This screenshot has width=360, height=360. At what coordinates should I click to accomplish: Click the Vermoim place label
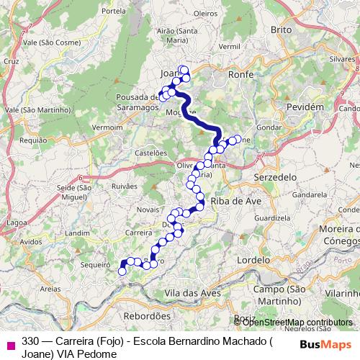click(x=108, y=127)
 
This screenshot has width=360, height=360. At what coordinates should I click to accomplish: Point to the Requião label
click(x=34, y=140)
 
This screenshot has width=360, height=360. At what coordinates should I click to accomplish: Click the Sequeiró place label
click(x=94, y=265)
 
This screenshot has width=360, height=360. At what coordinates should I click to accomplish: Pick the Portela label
click(x=114, y=11)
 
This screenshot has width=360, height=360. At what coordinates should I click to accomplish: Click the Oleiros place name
click(x=205, y=13)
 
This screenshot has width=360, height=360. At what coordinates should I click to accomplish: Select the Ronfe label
click(x=240, y=73)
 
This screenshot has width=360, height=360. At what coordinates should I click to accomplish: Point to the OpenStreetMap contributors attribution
click(x=294, y=322)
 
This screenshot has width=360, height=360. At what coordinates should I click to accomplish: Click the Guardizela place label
click(x=271, y=217)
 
